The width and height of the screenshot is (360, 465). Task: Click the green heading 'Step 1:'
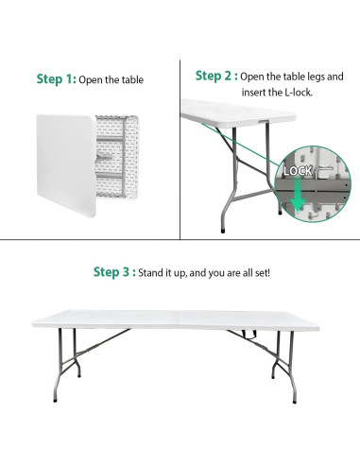click(x=55, y=79)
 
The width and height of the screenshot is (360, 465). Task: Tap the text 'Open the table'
click(x=111, y=80)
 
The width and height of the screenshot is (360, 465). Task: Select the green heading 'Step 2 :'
click(x=215, y=75)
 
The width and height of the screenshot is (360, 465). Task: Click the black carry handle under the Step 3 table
click(x=251, y=334)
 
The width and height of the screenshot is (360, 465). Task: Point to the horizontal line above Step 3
click(x=180, y=239)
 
